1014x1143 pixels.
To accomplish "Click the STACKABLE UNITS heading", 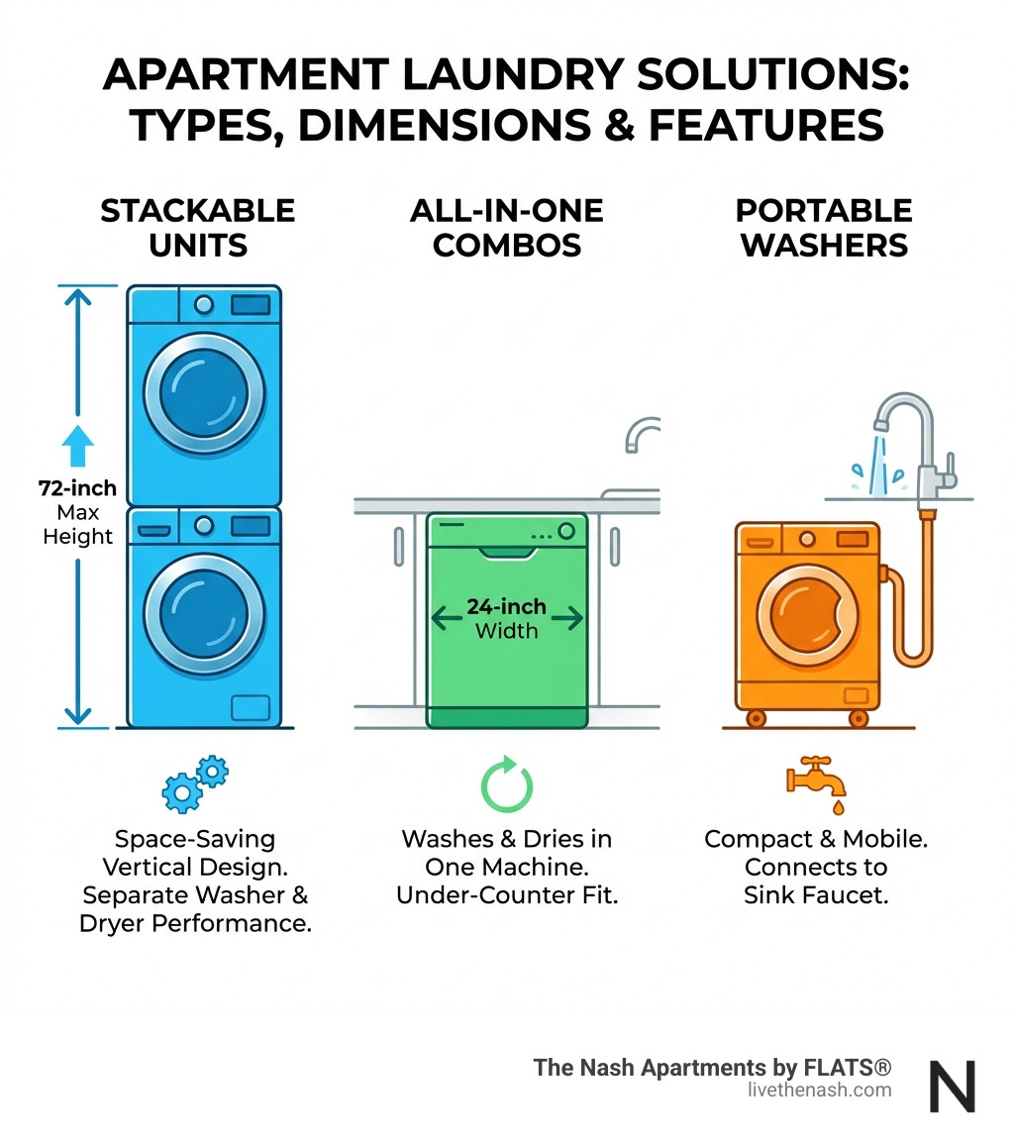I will tap(197, 227).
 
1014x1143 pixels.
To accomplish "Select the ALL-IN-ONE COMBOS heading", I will tap(506, 227).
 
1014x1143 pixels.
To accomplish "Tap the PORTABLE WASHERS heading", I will tap(824, 227).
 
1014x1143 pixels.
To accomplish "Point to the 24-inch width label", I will tap(506, 618).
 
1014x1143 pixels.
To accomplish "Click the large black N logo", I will tap(952, 1086).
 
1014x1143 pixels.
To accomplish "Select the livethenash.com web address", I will tap(820, 1091).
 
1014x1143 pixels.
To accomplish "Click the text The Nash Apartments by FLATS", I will tap(712, 1068).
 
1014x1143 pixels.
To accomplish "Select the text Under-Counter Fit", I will tap(506, 895).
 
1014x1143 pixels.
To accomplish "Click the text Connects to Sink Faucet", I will tap(817, 882).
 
